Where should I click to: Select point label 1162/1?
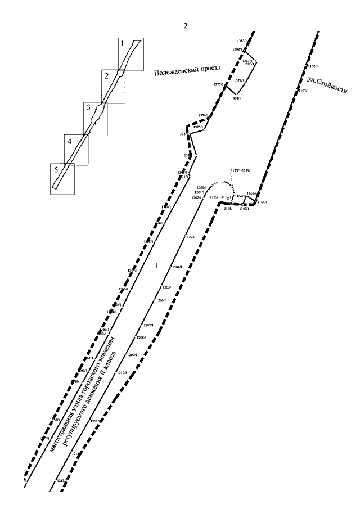(313, 66)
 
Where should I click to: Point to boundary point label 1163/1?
(303, 91)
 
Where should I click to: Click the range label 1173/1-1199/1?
(244, 169)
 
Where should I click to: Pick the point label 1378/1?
(236, 98)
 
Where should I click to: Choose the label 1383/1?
(242, 42)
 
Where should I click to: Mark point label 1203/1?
(191, 237)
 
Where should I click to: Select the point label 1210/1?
(121, 373)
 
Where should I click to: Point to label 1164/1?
(262, 202)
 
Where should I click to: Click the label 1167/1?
(244, 209)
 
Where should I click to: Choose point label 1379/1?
(238, 81)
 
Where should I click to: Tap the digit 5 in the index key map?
(55, 168)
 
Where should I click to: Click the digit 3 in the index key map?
(88, 107)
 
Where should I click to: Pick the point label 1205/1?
(166, 287)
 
